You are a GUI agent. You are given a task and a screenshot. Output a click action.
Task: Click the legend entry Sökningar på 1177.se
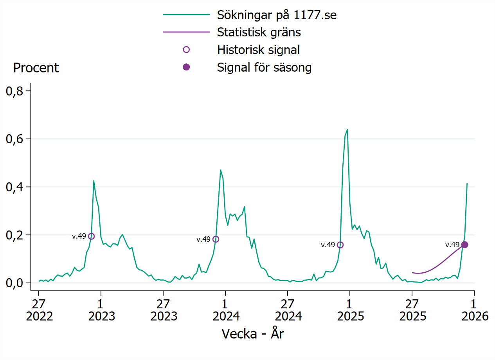277,15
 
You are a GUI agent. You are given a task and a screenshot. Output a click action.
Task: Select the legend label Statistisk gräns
259,32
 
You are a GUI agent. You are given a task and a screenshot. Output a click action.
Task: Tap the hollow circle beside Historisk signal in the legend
186,50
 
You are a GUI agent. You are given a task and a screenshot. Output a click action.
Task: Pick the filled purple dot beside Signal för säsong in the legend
186,67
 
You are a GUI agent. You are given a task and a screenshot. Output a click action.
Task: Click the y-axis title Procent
36,68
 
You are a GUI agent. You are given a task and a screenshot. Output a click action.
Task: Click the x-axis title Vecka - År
252,334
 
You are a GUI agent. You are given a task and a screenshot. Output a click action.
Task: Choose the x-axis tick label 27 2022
39,310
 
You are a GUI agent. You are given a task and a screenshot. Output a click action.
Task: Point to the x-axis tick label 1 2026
474,310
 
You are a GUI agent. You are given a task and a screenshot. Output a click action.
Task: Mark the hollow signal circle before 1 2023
91,236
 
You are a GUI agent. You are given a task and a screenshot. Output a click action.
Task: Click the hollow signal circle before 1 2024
216,239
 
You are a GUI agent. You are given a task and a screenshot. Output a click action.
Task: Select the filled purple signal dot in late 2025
464,245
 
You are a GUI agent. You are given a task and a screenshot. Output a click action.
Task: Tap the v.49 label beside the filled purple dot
452,245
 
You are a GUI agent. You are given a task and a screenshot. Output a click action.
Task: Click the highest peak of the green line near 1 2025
347,129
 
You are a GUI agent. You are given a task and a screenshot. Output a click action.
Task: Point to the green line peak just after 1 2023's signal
94,180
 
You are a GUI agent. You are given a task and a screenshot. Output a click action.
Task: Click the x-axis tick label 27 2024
288,310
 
